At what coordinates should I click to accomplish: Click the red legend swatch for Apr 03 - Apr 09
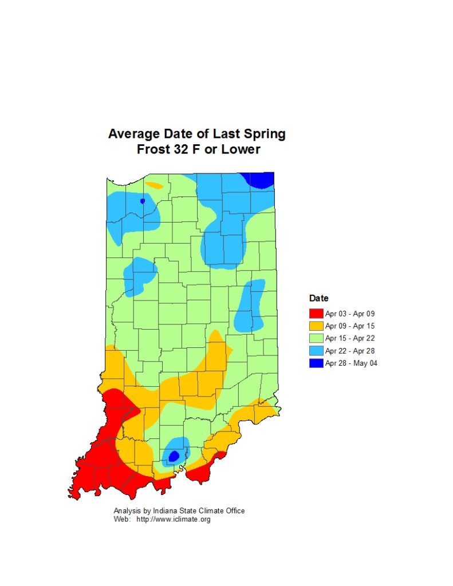(x=316, y=314)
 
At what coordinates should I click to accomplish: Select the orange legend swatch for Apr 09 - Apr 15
(x=316, y=326)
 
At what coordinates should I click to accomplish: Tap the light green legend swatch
(x=316, y=338)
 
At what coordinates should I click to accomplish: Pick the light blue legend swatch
(x=316, y=351)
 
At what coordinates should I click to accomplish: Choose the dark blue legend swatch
(x=316, y=363)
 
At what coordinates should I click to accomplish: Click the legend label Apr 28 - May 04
(x=351, y=363)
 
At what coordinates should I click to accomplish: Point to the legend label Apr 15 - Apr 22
(x=350, y=338)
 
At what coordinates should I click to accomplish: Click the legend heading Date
(x=318, y=298)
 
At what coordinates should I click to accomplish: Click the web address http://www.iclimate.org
(x=174, y=520)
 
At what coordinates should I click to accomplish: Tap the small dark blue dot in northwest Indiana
(x=142, y=201)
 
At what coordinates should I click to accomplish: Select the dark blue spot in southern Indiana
(x=174, y=456)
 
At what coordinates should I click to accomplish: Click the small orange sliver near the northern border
(x=153, y=185)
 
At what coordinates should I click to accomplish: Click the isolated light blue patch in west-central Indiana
(x=140, y=274)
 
